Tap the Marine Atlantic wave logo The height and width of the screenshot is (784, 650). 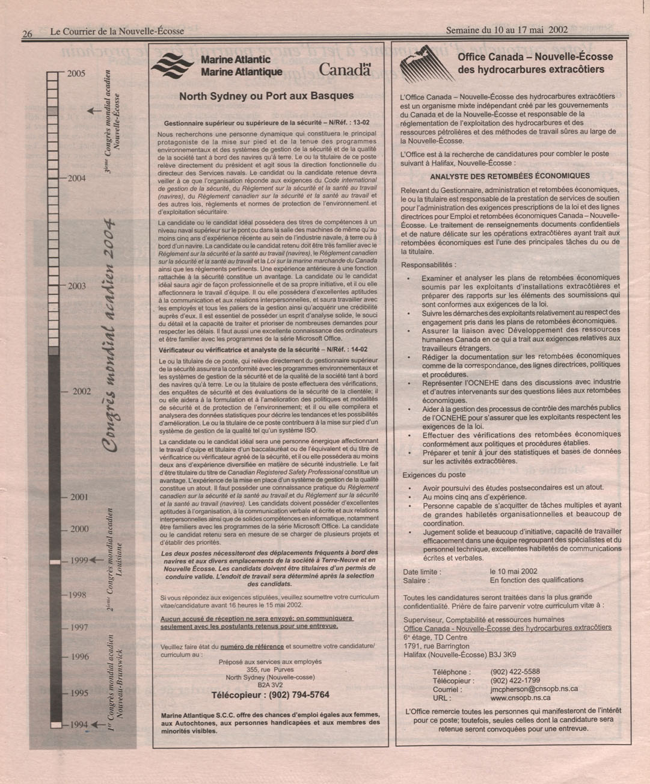(x=172, y=66)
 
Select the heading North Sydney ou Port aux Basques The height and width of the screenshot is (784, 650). (x=266, y=96)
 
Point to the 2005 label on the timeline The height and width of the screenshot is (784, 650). (x=76, y=74)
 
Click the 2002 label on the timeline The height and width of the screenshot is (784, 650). (x=82, y=392)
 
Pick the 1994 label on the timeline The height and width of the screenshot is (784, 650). (x=79, y=725)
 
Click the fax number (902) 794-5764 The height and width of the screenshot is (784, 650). (x=270, y=695)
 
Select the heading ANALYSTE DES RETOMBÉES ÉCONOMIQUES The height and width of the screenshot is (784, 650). (x=510, y=176)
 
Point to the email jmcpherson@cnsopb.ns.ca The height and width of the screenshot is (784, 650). (x=534, y=689)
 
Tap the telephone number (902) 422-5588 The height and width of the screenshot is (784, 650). (x=515, y=672)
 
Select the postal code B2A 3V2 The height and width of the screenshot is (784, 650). (x=270, y=685)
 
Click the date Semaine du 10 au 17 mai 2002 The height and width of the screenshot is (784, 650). (x=506, y=31)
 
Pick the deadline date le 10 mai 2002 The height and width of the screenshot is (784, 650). (x=514, y=572)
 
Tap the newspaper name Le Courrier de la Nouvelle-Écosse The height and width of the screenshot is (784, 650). (x=117, y=31)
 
